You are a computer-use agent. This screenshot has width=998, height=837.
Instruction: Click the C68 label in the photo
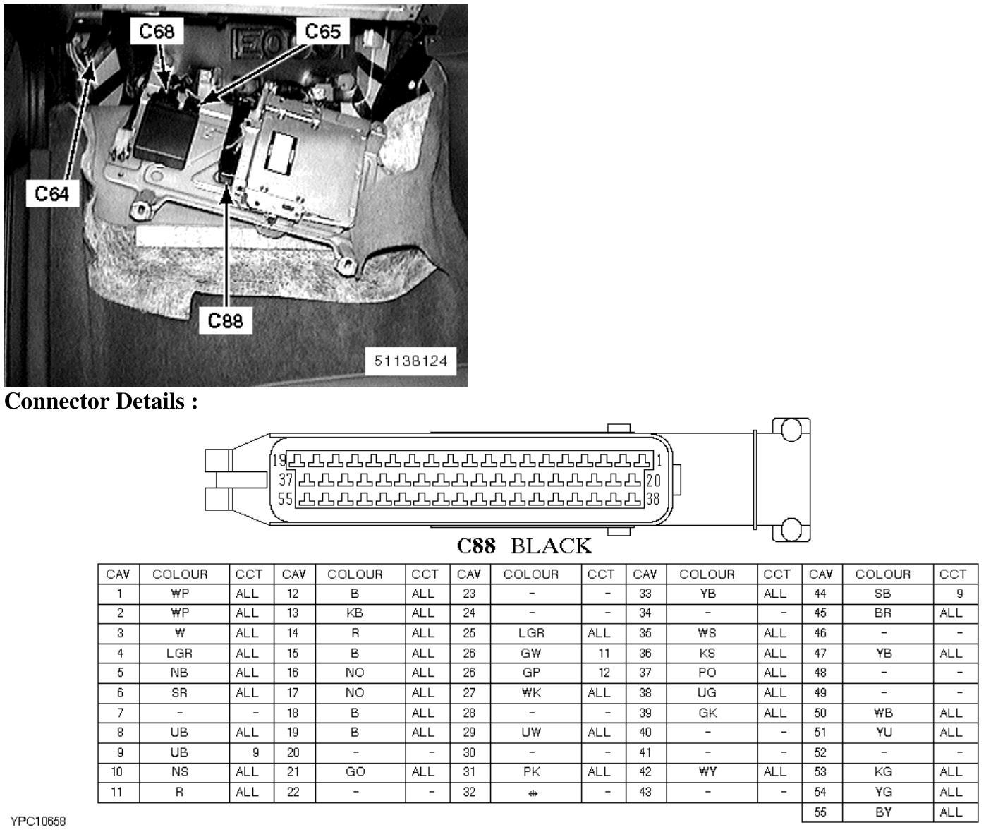(x=157, y=32)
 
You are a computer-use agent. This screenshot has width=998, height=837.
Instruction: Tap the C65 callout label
(x=322, y=32)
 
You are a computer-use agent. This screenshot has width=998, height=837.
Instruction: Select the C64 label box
(x=52, y=193)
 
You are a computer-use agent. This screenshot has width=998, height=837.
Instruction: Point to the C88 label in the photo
(x=226, y=320)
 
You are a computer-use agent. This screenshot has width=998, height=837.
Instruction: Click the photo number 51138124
(x=411, y=361)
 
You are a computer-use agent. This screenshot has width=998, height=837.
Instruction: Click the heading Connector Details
(x=101, y=401)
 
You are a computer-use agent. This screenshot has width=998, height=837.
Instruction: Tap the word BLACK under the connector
(x=551, y=546)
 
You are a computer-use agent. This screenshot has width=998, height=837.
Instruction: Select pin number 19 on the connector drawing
(x=279, y=461)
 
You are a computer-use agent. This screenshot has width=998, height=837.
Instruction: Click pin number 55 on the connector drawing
(x=285, y=500)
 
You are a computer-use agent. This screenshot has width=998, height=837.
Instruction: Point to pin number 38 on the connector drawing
(x=653, y=500)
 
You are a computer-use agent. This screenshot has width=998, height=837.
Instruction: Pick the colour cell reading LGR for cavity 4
(x=179, y=653)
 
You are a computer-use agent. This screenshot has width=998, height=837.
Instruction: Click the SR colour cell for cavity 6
(x=179, y=692)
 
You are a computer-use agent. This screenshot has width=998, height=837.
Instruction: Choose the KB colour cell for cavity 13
(x=355, y=613)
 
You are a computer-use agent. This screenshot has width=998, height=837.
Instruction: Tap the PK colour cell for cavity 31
(x=531, y=771)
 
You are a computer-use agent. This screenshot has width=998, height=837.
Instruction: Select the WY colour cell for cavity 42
(x=707, y=771)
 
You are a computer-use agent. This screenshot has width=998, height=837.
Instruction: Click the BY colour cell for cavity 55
(x=883, y=812)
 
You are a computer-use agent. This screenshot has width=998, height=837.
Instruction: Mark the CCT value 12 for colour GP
(x=604, y=673)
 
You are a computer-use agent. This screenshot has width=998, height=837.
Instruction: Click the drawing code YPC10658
(x=38, y=821)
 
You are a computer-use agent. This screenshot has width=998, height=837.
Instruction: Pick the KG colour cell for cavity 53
(x=883, y=771)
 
